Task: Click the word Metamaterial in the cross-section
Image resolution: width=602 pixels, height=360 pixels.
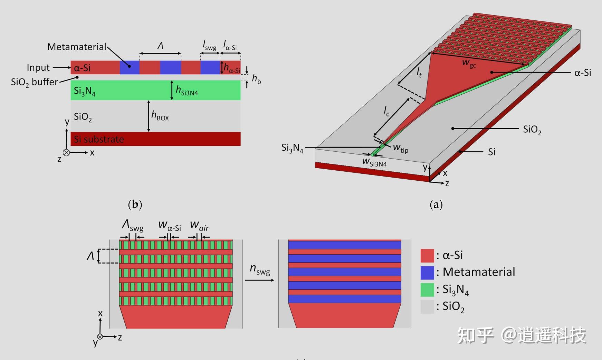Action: click(x=77, y=47)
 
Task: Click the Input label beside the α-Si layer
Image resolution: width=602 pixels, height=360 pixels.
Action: click(x=38, y=67)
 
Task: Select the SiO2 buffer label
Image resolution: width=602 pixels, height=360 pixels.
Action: click(x=35, y=82)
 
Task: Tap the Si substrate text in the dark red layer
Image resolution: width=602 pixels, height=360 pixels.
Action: click(x=99, y=139)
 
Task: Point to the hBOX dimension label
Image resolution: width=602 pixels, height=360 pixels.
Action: click(x=160, y=115)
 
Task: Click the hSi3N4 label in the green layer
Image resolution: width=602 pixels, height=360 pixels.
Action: click(x=187, y=91)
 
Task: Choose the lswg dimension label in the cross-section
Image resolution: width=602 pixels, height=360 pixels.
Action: click(x=209, y=45)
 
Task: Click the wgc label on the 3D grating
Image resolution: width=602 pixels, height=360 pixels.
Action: click(x=469, y=63)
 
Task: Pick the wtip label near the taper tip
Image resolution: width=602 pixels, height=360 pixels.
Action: click(x=401, y=149)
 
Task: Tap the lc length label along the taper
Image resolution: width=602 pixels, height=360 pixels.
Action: click(x=386, y=111)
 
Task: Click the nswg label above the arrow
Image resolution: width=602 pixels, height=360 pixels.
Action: click(x=260, y=269)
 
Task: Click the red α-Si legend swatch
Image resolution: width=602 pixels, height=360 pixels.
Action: click(x=427, y=256)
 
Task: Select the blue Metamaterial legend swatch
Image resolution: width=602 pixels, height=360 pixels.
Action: click(x=427, y=273)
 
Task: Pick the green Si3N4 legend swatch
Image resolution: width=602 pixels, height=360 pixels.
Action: click(x=427, y=290)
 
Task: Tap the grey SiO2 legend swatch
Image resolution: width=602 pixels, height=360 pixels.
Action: click(x=427, y=306)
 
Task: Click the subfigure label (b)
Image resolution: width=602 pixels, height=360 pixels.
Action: click(x=135, y=204)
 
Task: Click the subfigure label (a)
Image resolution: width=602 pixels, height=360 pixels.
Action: click(x=436, y=205)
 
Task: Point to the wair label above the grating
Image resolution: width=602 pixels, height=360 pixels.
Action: click(x=199, y=226)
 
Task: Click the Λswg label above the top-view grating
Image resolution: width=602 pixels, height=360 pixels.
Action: click(x=133, y=226)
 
